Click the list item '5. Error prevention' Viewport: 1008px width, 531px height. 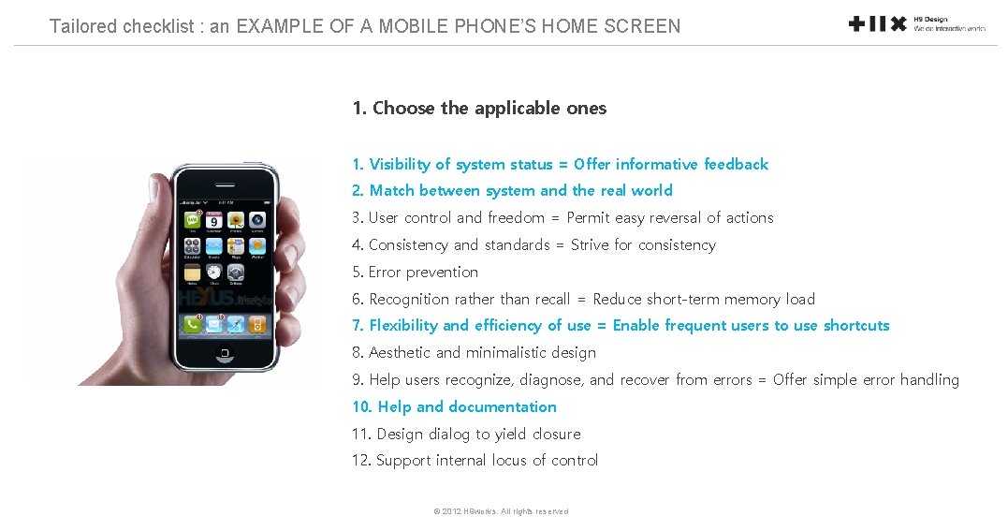(415, 273)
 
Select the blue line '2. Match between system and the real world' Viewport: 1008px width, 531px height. (512, 191)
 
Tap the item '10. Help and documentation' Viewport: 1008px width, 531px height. (454, 407)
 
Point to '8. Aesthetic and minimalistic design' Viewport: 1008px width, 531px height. (474, 353)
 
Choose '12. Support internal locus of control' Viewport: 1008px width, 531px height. (475, 461)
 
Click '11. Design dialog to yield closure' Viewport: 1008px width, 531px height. (466, 435)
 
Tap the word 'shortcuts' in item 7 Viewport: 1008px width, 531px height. (856, 326)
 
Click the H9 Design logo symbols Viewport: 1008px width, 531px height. (877, 23)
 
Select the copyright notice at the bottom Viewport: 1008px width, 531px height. (501, 511)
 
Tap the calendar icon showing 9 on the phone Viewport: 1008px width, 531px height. (214, 221)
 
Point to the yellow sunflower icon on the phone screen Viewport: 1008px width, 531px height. (236, 221)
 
